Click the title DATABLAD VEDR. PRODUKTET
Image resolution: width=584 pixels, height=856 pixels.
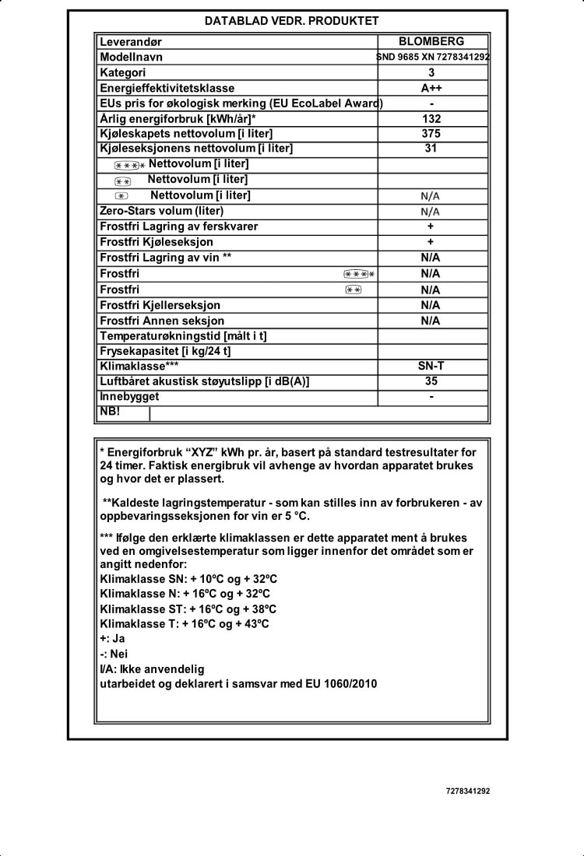(292, 21)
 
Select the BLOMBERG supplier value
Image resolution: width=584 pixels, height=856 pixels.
(431, 41)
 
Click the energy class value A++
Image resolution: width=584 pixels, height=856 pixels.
(431, 88)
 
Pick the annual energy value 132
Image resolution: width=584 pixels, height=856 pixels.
(431, 119)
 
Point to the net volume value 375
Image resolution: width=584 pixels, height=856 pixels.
(431, 134)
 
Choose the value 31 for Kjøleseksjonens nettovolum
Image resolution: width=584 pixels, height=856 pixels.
(431, 149)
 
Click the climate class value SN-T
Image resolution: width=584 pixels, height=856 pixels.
(431, 366)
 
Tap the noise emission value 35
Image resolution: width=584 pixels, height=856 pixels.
(431, 381)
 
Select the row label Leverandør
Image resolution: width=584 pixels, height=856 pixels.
(131, 42)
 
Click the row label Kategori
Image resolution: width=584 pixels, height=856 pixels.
(123, 72)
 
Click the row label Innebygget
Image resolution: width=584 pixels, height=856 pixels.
(129, 397)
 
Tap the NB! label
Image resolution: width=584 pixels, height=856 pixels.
(110, 412)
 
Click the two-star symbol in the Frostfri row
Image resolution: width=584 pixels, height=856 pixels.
(353, 289)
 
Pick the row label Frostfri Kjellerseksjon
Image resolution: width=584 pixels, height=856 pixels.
(160, 305)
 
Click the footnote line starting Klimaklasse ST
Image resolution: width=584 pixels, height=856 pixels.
(188, 609)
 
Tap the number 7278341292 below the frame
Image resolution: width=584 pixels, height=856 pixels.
(468, 791)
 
